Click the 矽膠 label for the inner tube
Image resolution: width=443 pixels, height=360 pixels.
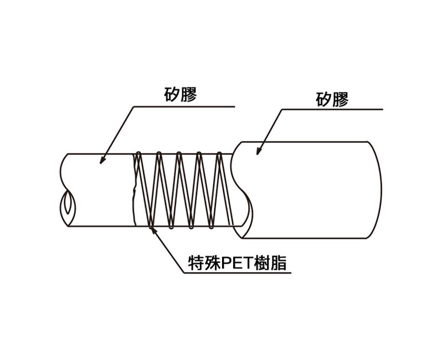[x=181, y=94]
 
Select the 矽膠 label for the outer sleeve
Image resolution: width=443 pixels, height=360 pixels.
[x=332, y=99]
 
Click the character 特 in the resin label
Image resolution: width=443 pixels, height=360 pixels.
[x=196, y=263]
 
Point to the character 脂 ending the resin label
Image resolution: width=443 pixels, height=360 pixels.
[x=279, y=263]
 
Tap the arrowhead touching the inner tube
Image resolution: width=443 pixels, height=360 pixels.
[x=103, y=160]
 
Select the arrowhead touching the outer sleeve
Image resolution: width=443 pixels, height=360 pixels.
[x=259, y=151]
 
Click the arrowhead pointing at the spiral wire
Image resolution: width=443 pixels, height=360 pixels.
[x=153, y=230]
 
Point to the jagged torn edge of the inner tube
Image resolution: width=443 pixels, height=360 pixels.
[x=134, y=190]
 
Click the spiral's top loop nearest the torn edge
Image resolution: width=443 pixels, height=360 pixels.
[x=138, y=154]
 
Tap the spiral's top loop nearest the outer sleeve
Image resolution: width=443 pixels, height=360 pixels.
[x=219, y=155]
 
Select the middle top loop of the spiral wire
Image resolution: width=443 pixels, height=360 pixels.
[x=178, y=155]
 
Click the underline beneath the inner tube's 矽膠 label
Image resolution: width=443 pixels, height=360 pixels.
[x=184, y=106]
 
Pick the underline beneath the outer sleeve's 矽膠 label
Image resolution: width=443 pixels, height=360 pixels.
[x=332, y=109]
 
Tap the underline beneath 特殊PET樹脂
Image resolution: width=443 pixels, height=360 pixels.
[x=238, y=273]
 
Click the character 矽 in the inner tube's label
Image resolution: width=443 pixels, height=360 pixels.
[x=172, y=94]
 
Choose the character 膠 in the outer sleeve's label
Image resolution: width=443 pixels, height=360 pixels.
[x=341, y=99]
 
